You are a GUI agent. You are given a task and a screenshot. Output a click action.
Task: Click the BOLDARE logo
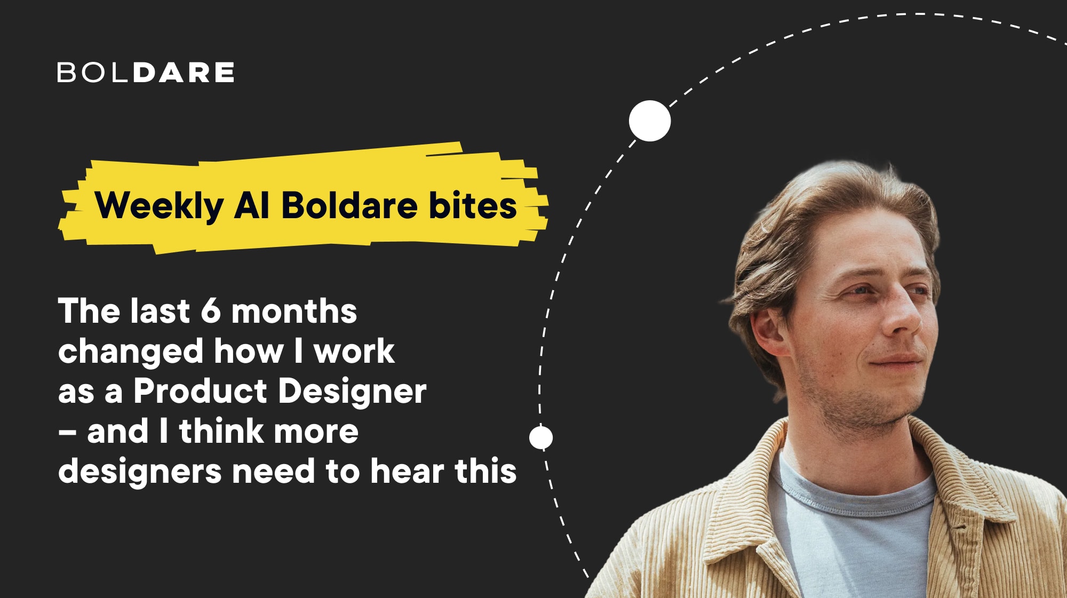tap(146, 73)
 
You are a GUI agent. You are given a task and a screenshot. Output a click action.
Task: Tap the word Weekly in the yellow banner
tap(159, 206)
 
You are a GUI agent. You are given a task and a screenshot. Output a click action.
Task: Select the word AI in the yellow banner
tap(251, 205)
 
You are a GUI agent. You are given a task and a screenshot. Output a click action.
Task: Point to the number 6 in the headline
tap(211, 311)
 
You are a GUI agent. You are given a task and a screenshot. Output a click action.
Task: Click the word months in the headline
tap(294, 311)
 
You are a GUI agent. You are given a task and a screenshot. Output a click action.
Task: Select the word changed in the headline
tap(131, 352)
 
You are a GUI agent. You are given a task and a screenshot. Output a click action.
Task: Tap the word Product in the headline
tap(200, 391)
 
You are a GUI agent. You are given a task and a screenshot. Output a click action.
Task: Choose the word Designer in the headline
tap(352, 392)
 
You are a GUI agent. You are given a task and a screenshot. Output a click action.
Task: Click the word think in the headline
tap(220, 431)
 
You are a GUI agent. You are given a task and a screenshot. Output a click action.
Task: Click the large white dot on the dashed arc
tap(649, 121)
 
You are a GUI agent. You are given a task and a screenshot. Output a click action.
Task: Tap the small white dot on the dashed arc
tap(541, 438)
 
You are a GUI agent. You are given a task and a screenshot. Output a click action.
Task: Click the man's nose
tap(903, 315)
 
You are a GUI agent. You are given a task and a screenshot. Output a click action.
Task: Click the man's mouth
tap(896, 361)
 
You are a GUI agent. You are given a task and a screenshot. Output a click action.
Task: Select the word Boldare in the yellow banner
tap(349, 205)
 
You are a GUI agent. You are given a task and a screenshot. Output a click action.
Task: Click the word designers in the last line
tap(140, 472)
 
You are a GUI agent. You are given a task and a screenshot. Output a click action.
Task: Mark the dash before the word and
tap(67, 432)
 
